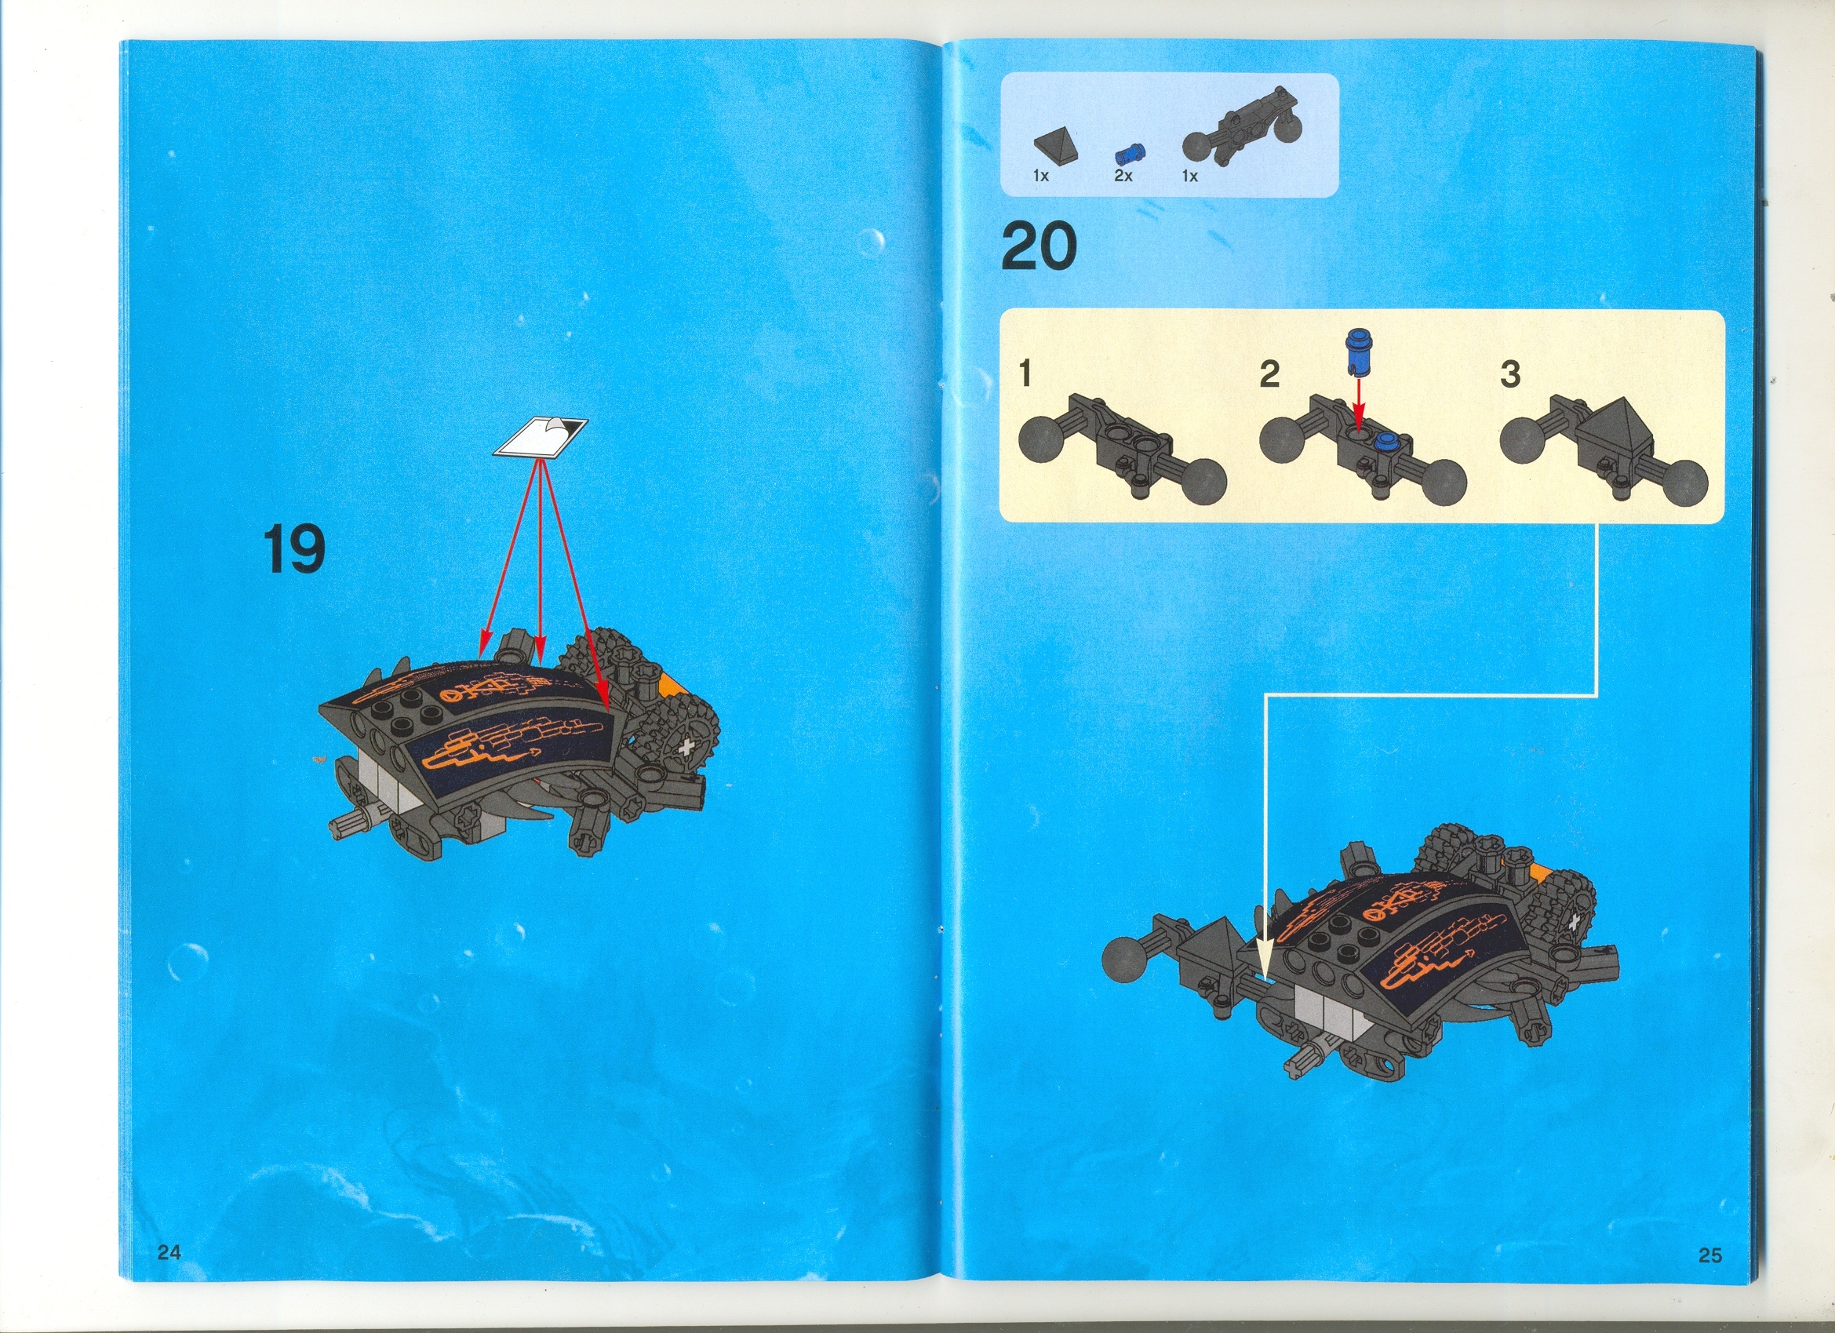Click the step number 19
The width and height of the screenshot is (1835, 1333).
click(294, 549)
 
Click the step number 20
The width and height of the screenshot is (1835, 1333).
click(1038, 247)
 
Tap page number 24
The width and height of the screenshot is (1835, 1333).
click(169, 1252)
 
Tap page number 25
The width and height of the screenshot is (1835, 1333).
click(1709, 1255)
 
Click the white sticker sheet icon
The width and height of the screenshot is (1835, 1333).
click(540, 438)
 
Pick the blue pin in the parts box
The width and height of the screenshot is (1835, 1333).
click(1130, 153)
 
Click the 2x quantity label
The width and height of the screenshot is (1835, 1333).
click(1123, 176)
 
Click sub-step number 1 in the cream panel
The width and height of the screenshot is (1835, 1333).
click(1025, 374)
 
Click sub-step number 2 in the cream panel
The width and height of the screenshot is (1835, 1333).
click(1269, 374)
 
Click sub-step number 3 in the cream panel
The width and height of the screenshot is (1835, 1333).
click(1509, 374)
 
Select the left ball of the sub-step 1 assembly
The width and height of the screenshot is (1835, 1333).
click(1040, 440)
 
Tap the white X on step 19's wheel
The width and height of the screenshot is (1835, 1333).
click(688, 747)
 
